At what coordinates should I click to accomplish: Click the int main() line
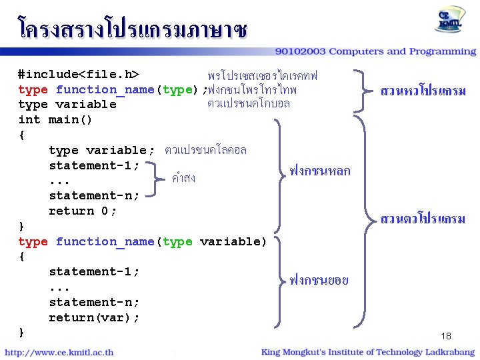click(x=55, y=120)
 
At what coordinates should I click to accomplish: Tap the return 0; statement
click(x=83, y=211)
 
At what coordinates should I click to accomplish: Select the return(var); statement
click(x=94, y=318)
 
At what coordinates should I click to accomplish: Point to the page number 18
click(x=446, y=336)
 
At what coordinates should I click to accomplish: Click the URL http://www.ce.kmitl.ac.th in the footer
click(x=59, y=352)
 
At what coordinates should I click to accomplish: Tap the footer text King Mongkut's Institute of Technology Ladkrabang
click(x=369, y=352)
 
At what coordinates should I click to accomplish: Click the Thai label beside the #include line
click(x=263, y=74)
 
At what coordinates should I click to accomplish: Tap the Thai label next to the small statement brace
click(x=183, y=178)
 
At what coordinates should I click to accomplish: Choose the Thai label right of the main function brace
click(x=320, y=171)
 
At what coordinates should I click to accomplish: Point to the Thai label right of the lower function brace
click(x=319, y=281)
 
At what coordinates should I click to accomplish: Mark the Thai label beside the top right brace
click(x=423, y=90)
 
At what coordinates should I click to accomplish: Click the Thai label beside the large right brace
click(x=423, y=219)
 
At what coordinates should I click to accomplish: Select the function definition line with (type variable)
click(x=142, y=241)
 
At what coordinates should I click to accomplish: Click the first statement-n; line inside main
click(x=94, y=196)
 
